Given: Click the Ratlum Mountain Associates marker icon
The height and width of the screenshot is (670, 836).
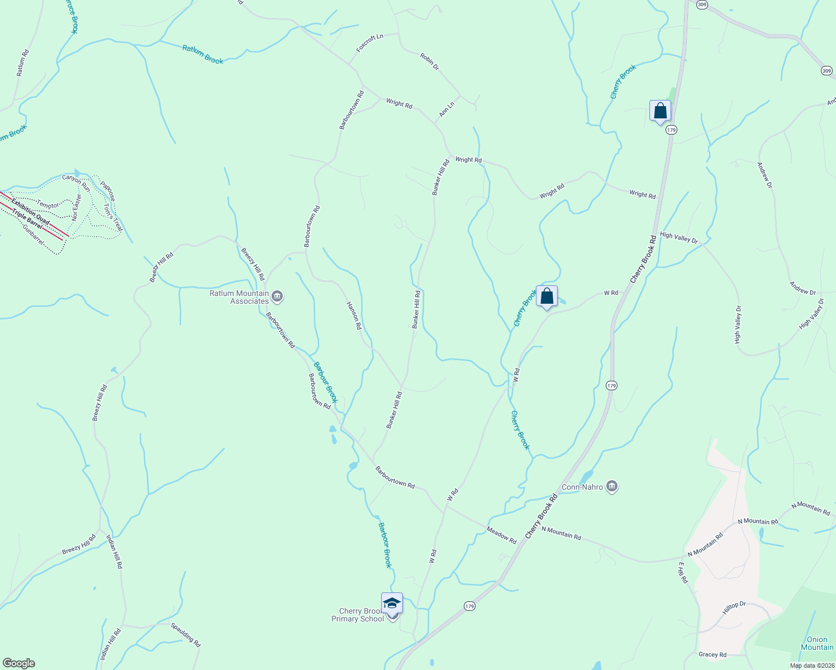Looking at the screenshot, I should [x=278, y=296].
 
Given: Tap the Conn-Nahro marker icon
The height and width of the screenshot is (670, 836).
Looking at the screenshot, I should [x=612, y=486].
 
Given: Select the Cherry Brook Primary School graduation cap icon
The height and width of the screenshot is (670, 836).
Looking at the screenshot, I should [x=392, y=604].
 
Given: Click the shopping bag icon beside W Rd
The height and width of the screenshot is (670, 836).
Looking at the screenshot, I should [x=547, y=296].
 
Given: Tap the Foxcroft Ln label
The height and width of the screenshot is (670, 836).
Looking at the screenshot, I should [x=370, y=44].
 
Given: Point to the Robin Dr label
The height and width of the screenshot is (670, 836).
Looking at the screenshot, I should [x=430, y=62].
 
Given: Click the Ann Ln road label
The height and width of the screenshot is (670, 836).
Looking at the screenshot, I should [x=446, y=109].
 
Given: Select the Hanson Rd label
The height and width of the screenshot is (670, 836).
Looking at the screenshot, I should [x=354, y=315].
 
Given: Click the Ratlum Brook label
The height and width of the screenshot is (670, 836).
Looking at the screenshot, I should [x=202, y=55].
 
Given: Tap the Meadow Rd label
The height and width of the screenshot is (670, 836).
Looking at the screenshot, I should [x=501, y=535].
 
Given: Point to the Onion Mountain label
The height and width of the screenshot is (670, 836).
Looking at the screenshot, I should [x=817, y=643].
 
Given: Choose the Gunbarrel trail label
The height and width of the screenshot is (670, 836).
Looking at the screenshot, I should [x=33, y=233].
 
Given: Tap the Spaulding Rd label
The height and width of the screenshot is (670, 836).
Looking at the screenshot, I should [x=186, y=635].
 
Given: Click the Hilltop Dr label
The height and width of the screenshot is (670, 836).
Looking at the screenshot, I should [x=734, y=608].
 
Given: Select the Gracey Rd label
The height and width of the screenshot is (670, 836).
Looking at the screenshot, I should [x=712, y=654].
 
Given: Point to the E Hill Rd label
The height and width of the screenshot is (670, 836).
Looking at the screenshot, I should [x=683, y=573].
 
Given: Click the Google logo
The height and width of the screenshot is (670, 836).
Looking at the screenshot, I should [x=18, y=663].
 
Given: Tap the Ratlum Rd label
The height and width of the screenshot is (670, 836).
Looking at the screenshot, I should [x=22, y=63].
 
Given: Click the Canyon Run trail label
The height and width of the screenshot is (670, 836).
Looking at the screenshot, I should [x=75, y=181].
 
